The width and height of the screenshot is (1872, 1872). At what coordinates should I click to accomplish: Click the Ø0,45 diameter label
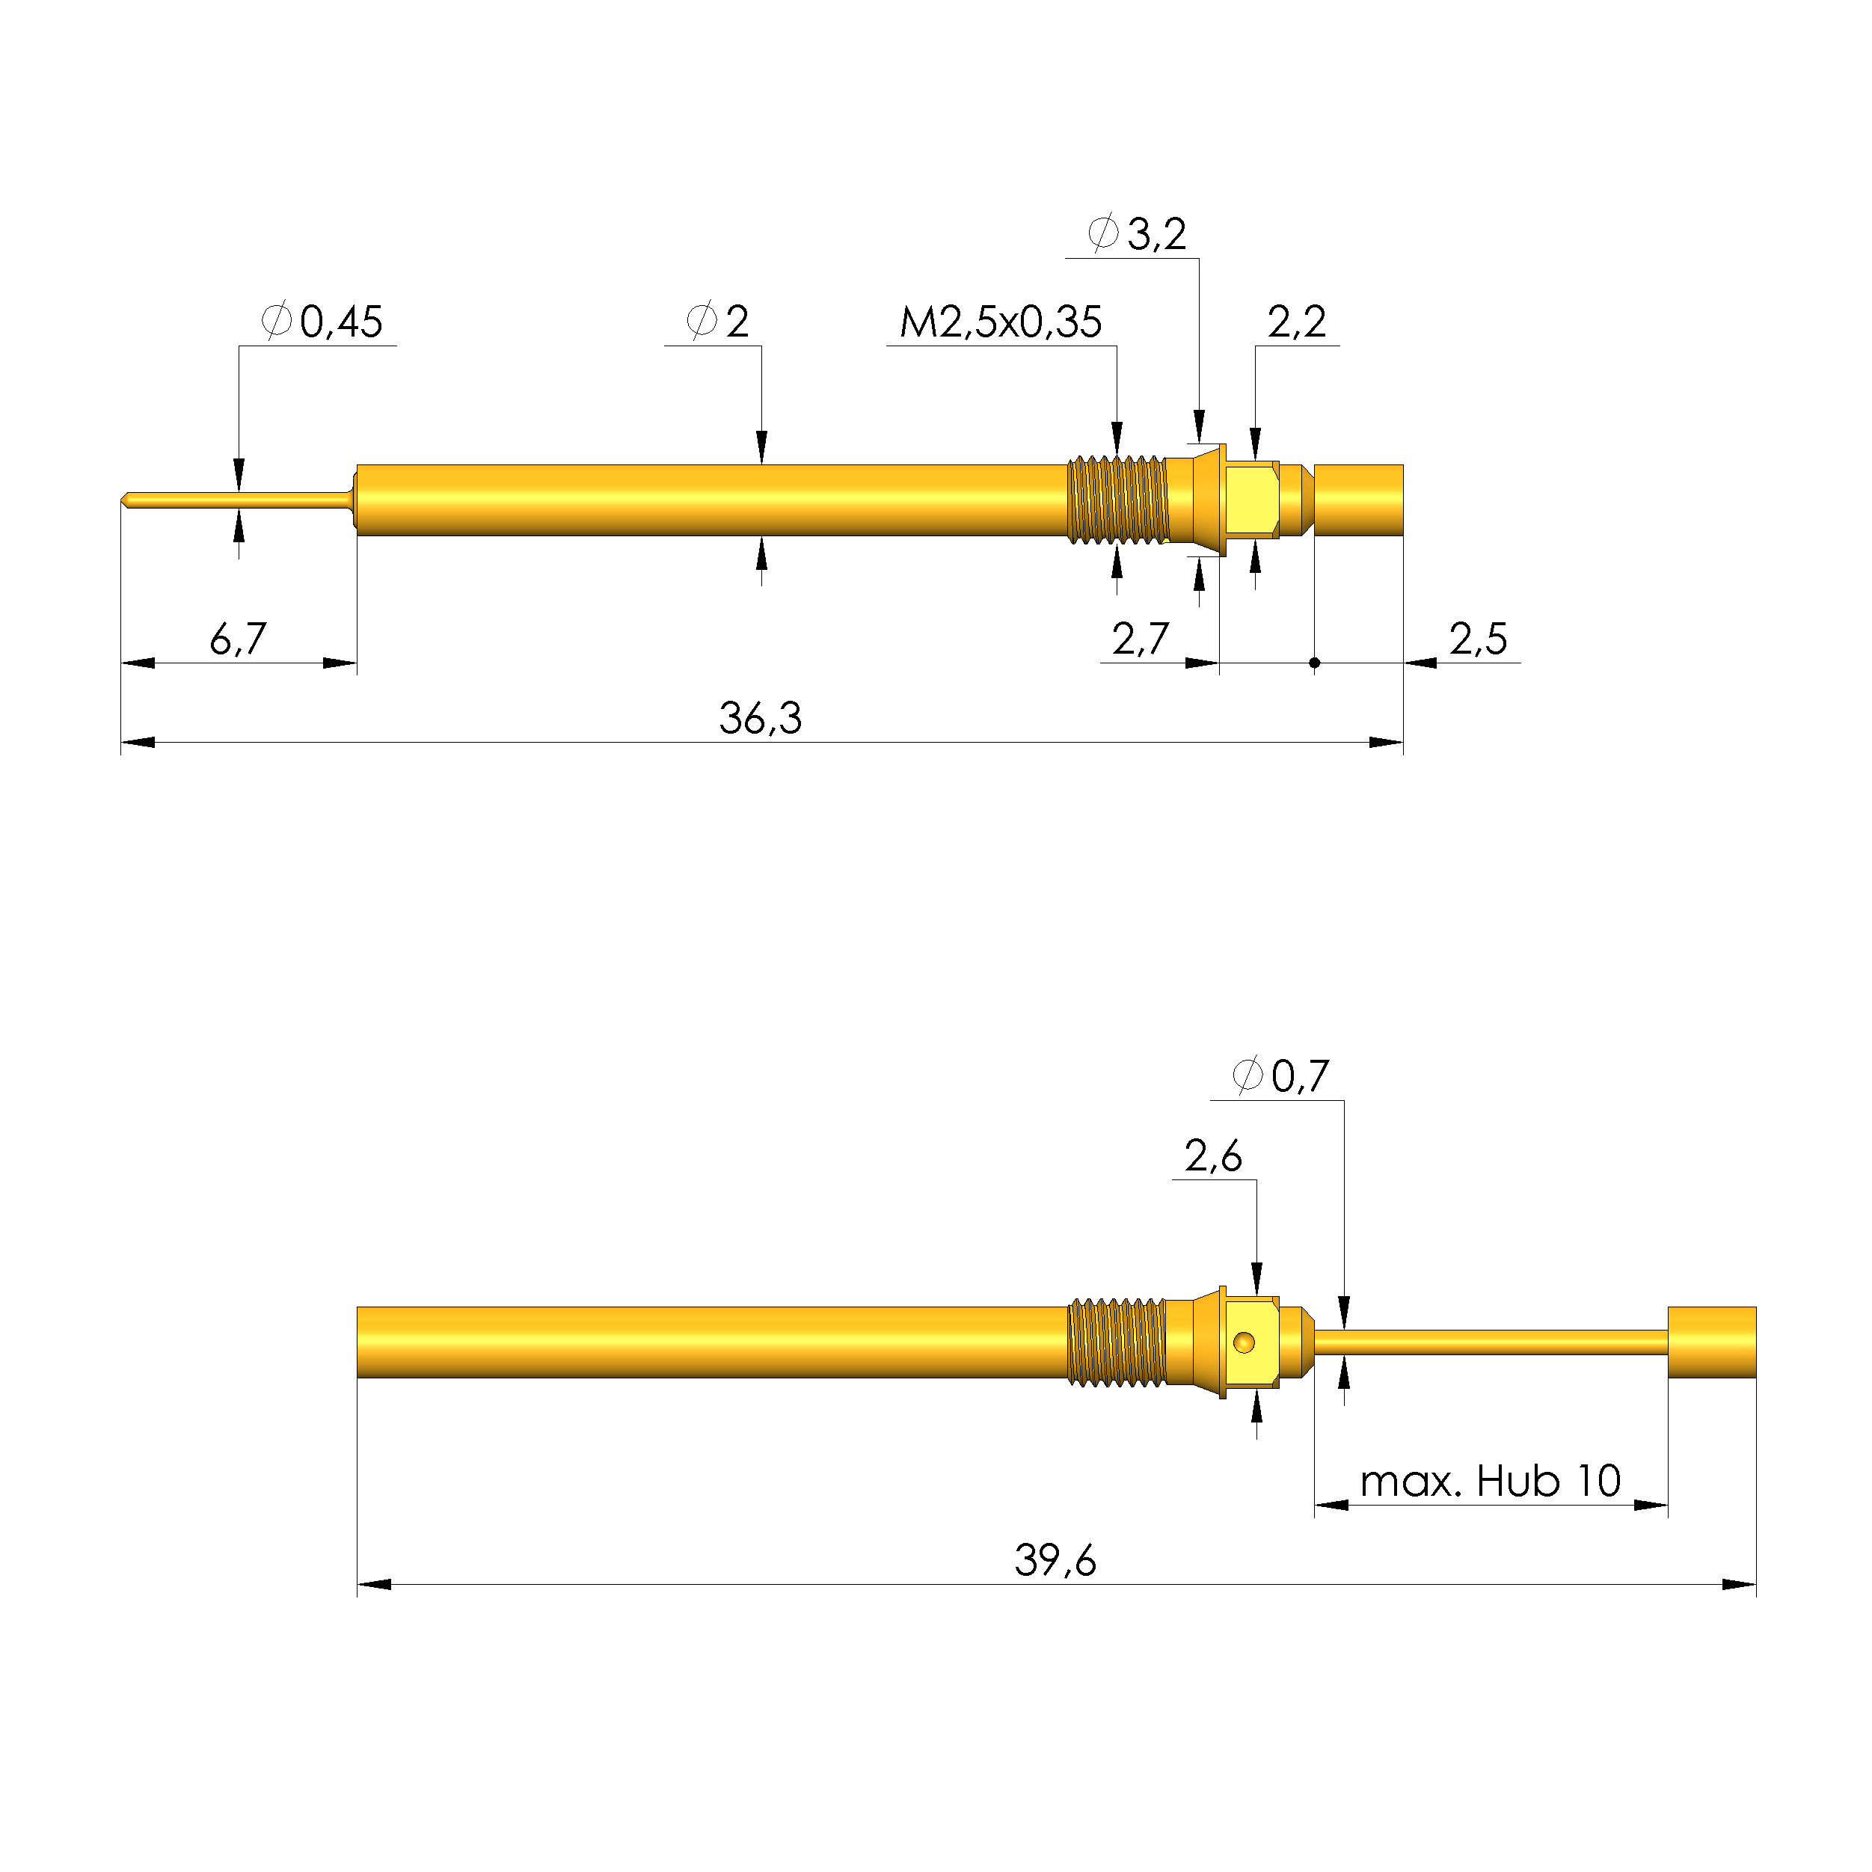pos(322,322)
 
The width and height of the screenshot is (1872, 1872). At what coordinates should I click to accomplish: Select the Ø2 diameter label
pos(718,322)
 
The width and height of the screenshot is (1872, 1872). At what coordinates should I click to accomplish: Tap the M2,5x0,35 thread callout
pos(1001,322)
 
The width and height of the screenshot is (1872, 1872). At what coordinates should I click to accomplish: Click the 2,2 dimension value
pos(1296,322)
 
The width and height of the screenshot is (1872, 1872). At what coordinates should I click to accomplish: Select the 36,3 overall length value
pos(761,719)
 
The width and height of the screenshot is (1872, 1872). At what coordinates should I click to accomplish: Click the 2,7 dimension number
pos(1140,639)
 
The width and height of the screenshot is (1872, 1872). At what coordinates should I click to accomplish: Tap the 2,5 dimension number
pos(1478,639)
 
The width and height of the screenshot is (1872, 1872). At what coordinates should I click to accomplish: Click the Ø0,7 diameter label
pos(1281,1076)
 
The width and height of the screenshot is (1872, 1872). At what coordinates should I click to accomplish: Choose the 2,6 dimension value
pos(1212,1156)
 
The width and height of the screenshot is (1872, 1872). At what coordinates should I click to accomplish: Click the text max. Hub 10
pos(1491,1482)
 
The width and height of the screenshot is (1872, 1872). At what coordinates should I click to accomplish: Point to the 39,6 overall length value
pos(1055,1561)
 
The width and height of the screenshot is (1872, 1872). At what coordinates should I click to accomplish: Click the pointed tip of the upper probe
pos(125,500)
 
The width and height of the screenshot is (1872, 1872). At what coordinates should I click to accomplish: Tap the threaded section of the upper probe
pos(1117,500)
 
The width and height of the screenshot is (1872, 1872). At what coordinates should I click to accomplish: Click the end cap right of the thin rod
pos(1711,1342)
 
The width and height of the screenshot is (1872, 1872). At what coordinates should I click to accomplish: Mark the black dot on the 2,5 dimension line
pos(1314,663)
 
